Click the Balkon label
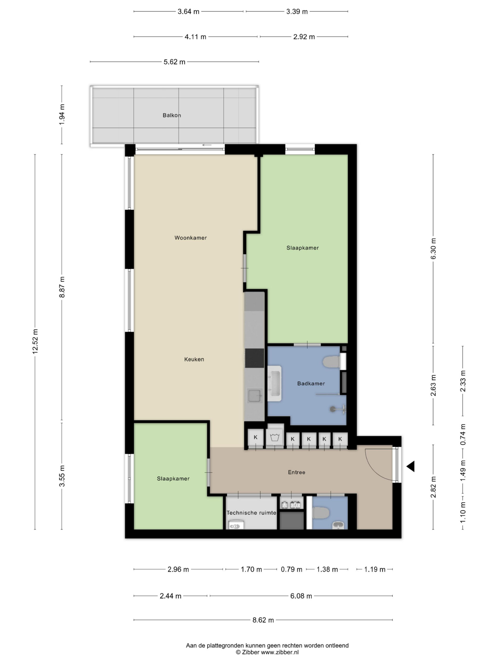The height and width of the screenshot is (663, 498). (172, 116)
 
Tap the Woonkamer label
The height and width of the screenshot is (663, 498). (191, 238)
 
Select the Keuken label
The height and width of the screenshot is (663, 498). (194, 359)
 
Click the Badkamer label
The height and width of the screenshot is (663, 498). (311, 383)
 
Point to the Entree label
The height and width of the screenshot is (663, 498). (296, 472)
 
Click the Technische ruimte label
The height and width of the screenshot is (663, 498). (251, 513)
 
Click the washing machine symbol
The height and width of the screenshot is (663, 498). (275, 438)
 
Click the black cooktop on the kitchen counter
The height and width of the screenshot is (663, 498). (254, 358)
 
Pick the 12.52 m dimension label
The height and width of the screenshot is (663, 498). (35, 341)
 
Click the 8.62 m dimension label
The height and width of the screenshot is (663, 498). (263, 620)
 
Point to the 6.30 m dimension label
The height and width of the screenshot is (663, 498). (433, 249)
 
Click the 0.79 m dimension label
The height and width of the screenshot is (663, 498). (292, 569)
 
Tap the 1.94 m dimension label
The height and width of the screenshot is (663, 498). (62, 115)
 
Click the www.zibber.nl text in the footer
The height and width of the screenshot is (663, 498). (280, 652)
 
